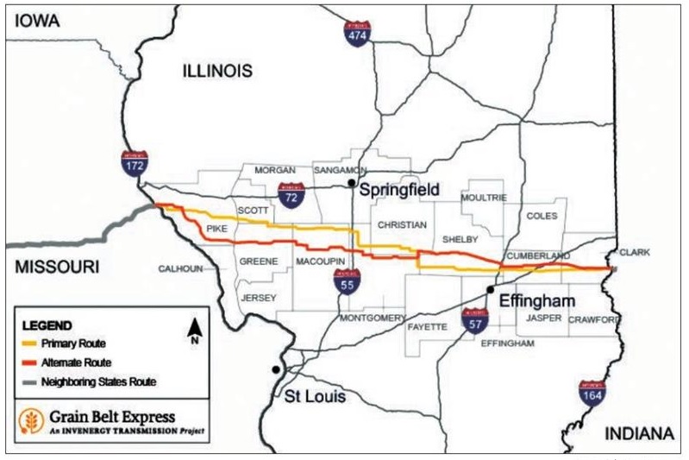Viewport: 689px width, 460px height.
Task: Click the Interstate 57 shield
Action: coord(474,320)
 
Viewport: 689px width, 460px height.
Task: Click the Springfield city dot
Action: coord(351,184)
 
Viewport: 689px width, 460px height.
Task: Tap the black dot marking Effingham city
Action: coord(490,290)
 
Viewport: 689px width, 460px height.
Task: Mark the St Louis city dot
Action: coord(275,369)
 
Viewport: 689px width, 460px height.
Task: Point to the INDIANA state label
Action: coord(637,432)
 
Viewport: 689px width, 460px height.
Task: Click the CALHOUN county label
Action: coord(180,268)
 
